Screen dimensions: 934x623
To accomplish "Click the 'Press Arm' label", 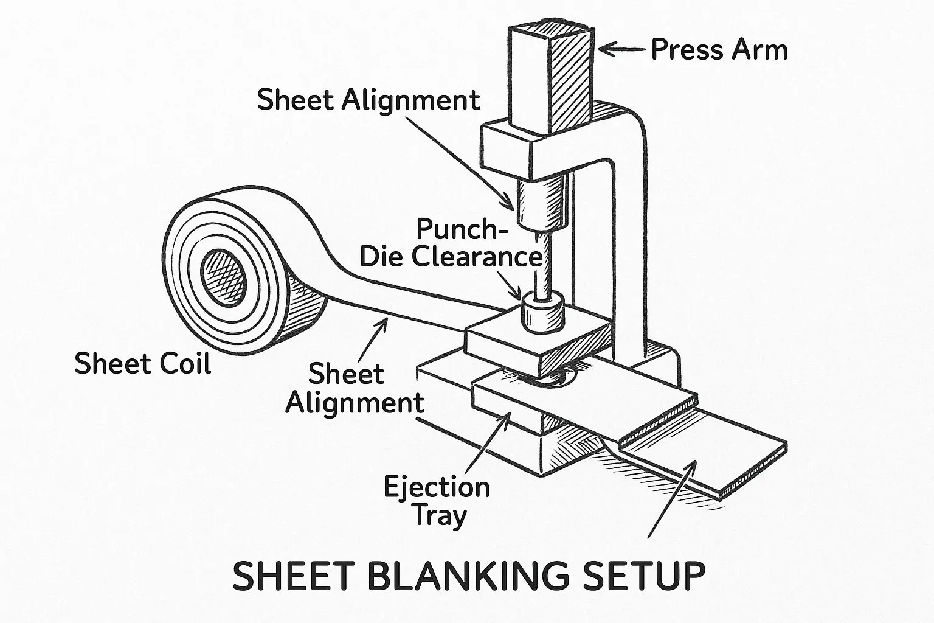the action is [x=719, y=50].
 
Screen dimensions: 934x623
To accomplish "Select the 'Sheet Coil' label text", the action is [x=143, y=363].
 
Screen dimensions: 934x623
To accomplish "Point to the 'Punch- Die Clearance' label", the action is [x=451, y=242].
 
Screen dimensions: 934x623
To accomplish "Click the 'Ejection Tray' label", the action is [x=437, y=501].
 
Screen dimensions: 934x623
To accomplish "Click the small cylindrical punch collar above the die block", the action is [x=543, y=313].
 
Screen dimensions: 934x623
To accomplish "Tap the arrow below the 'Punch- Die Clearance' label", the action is [x=509, y=285].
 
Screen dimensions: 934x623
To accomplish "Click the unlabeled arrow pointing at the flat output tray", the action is [x=672, y=499].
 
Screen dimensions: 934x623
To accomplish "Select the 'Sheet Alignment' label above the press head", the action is [x=368, y=100].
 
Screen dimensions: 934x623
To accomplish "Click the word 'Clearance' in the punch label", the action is [x=477, y=256].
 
